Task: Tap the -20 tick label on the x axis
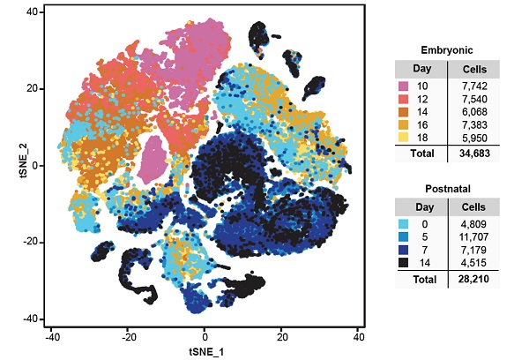(128, 336)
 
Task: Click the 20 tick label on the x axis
(282, 336)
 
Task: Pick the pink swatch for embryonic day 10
(403, 86)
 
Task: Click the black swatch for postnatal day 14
(403, 261)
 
